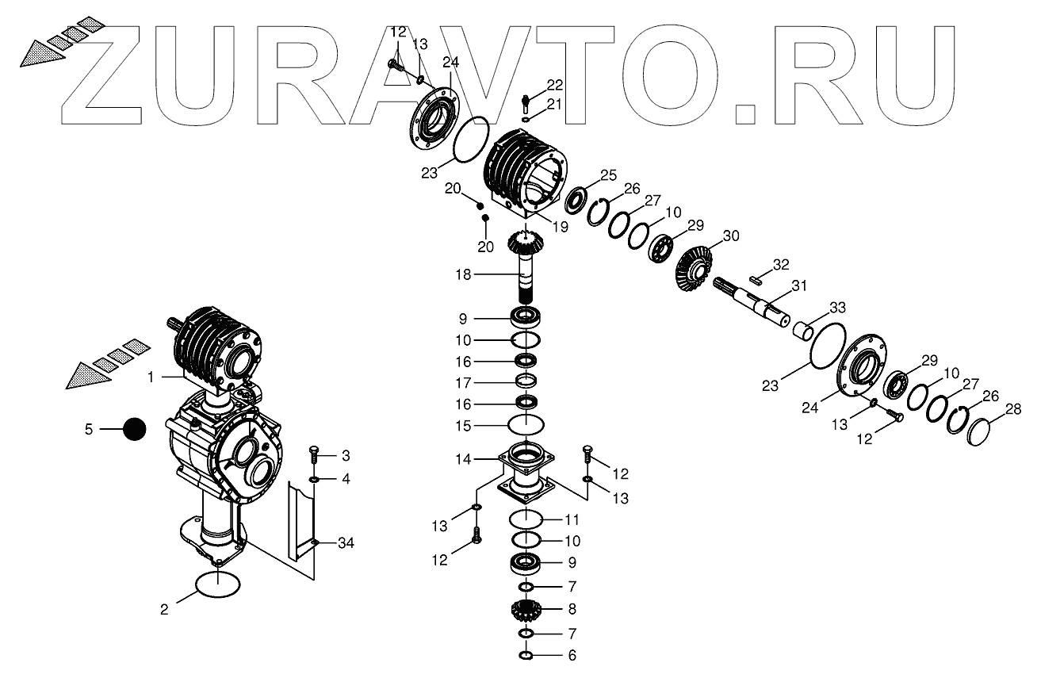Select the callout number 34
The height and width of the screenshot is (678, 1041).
(346, 543)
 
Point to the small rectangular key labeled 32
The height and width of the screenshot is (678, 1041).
(757, 277)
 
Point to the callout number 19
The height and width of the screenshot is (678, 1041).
(561, 227)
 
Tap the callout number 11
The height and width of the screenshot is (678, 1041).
(572, 520)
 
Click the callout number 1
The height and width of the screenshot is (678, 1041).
(150, 379)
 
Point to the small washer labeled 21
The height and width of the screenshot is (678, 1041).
(526, 120)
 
